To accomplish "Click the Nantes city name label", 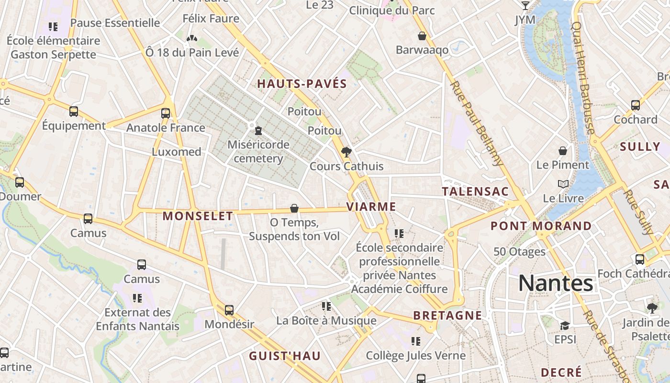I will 556,283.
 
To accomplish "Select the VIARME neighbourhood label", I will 371,207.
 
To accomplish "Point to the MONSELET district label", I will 198,216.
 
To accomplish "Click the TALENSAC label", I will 475,191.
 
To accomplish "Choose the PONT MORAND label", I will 541,226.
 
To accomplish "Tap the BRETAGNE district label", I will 447,315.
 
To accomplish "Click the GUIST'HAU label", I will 285,356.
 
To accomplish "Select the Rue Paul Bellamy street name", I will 477,123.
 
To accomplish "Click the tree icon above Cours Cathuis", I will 346,152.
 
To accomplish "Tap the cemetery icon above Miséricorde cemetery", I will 258,130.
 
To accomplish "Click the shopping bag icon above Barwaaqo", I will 422,36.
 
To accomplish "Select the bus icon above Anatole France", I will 166,113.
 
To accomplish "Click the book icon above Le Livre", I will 563,184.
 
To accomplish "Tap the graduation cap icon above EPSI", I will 565,326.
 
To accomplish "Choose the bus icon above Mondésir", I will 229,310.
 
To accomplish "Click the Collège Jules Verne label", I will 415,356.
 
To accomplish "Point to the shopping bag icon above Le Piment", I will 563,151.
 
